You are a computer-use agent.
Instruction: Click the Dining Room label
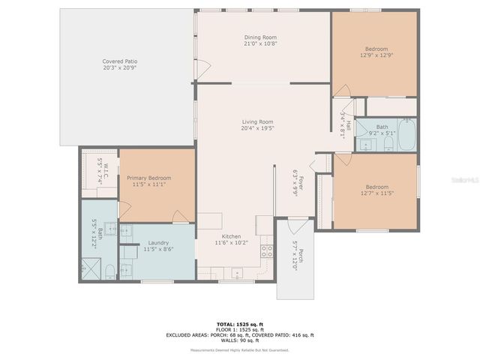pos(260,37)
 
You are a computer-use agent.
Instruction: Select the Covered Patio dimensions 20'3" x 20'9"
pos(119,67)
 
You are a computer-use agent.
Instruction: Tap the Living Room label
pos(257,121)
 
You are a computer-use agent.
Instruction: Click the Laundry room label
pos(157,243)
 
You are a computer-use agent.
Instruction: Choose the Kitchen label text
pos(231,236)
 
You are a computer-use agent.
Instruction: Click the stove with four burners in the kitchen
pos(265,251)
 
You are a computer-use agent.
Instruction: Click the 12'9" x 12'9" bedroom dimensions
pos(376,55)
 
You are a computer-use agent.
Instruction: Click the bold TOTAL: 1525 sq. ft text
pos(240,323)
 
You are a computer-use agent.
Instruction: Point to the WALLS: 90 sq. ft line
pos(240,340)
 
